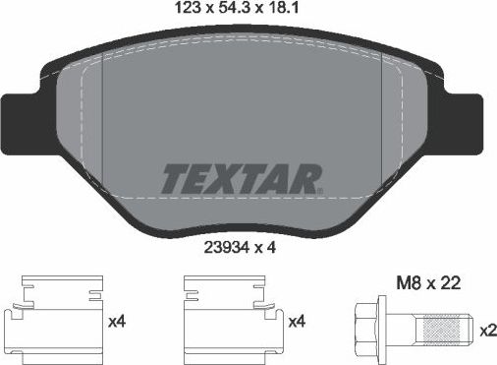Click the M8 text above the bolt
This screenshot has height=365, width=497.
click(x=405, y=283)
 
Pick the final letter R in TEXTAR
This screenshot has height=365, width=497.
click(x=310, y=180)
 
